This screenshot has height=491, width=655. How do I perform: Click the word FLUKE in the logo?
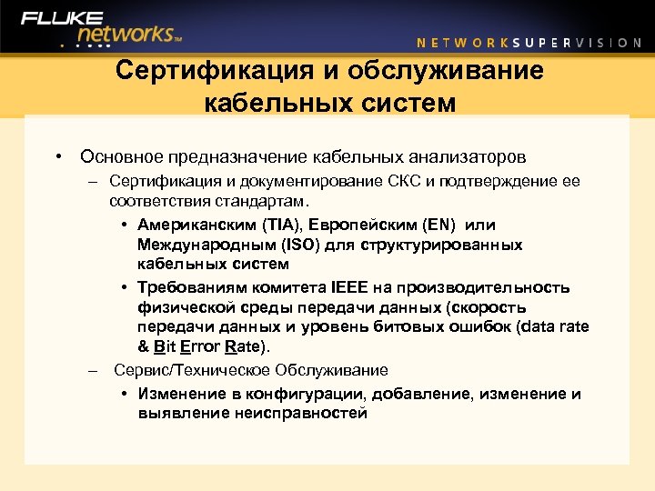point(62,17)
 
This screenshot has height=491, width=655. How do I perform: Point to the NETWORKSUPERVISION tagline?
point(529,42)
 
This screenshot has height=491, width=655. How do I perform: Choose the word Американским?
point(195,224)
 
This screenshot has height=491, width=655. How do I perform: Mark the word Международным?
point(199,245)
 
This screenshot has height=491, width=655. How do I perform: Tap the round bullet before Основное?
point(57,156)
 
